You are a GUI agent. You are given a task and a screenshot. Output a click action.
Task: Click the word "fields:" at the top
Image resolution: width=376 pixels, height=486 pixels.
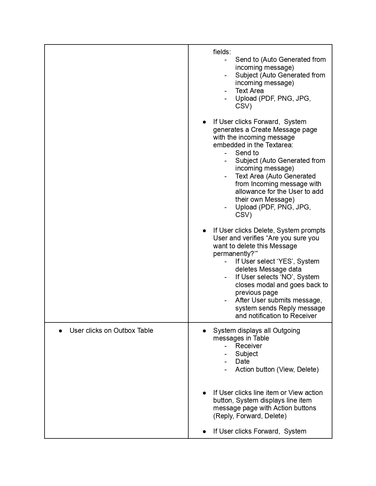click(222, 52)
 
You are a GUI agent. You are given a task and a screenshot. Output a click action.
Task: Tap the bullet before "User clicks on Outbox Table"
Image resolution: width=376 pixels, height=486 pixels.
click(60, 331)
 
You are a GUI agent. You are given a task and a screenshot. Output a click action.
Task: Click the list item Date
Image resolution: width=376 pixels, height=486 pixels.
click(242, 361)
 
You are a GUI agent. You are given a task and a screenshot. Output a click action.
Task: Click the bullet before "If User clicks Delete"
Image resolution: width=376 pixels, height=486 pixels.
click(204, 231)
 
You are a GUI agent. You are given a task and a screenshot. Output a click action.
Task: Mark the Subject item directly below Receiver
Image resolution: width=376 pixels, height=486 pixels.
click(247, 354)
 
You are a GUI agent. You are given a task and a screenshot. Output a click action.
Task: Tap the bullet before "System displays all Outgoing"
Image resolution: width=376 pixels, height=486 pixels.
click(204, 331)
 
